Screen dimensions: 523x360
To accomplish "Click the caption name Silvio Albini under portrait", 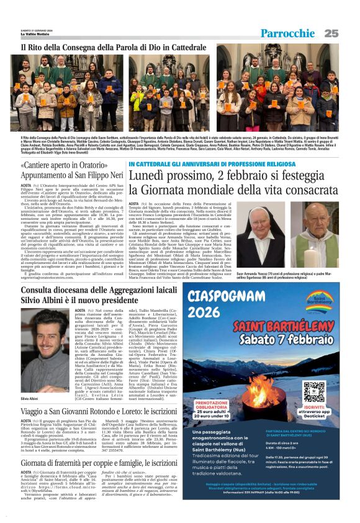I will [x=30, y=398].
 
